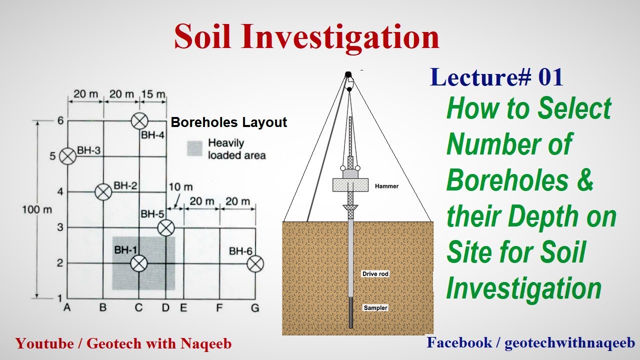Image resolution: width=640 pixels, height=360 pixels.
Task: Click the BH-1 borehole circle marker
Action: [139, 263]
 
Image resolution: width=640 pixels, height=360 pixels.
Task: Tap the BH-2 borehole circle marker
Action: [103, 191]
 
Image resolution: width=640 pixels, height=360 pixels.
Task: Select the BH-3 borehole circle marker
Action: [67, 156]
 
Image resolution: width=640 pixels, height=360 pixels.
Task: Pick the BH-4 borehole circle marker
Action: [139, 120]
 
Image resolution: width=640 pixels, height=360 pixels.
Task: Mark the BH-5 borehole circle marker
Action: [165, 228]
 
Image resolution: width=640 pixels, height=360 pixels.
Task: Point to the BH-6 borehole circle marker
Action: [255, 263]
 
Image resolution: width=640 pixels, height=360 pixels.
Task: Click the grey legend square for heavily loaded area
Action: [194, 148]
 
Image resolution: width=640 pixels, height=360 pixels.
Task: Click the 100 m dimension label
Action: [36, 209]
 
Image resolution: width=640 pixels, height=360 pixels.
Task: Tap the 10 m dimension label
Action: [180, 187]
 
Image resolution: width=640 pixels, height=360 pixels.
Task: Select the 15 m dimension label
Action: [153, 94]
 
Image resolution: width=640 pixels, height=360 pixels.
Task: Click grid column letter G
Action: [255, 308]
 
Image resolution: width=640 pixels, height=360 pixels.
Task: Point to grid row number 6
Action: [60, 120]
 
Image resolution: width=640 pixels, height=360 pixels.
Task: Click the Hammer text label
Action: [386, 186]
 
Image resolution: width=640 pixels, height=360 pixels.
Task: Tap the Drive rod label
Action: [375, 274]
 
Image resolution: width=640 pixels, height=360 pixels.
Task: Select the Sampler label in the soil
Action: [375, 308]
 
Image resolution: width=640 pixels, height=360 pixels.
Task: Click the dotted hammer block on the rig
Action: [350, 184]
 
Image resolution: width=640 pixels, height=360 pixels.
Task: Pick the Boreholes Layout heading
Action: [229, 122]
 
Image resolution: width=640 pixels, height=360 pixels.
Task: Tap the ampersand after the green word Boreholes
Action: [583, 181]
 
